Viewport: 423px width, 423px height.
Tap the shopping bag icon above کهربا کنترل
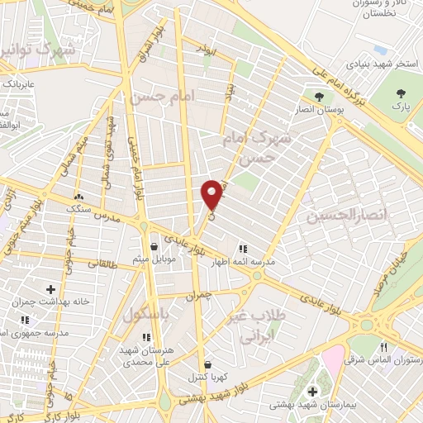pos(207,364)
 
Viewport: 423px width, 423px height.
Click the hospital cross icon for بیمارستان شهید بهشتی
pos(312,392)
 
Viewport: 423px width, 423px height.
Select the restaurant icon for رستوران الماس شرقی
pos(383,347)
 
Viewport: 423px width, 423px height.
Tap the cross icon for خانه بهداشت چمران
pos(51,288)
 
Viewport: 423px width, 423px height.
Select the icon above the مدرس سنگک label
pos(79,197)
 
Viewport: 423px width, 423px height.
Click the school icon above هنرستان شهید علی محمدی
pos(146,337)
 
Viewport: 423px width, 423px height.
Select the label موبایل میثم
pos(153,260)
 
